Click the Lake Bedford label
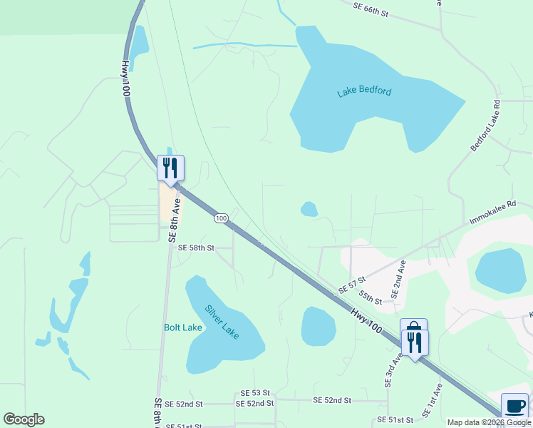364,91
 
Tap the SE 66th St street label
371,9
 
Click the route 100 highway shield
221,218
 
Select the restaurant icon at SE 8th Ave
170,168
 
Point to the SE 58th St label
196,248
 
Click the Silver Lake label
222,322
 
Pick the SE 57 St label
352,284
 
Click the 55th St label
371,297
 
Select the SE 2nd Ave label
398,279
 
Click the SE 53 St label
255,393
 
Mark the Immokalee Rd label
492,213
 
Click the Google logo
24,419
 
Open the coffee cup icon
514,406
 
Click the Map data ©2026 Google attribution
490,422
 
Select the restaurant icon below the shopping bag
415,343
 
